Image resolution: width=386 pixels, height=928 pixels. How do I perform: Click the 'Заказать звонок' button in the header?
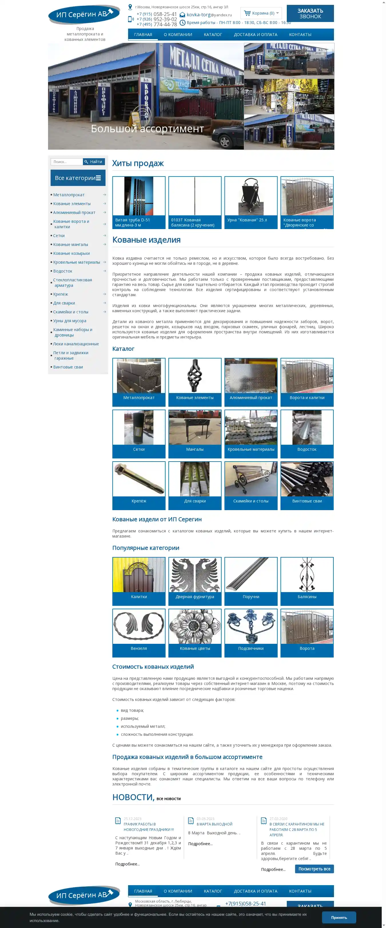[310, 14]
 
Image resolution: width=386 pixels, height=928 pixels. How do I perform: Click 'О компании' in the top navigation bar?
[178, 35]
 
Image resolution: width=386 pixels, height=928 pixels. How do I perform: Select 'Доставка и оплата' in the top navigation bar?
[255, 35]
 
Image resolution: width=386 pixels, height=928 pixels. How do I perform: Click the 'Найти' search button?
[94, 162]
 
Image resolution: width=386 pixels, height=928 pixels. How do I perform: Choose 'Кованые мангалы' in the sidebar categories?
[71, 244]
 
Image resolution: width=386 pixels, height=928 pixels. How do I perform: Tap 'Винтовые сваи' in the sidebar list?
[68, 367]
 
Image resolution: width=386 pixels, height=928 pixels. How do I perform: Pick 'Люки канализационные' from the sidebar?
[76, 344]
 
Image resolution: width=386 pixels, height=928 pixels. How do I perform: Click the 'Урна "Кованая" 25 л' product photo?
[251, 196]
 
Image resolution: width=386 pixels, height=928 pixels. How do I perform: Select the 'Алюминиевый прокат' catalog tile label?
[251, 398]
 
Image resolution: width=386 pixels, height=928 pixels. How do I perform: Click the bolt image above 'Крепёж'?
[139, 479]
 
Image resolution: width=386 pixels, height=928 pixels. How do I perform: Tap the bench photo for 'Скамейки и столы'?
[251, 479]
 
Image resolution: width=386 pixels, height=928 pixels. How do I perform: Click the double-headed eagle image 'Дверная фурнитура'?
[195, 575]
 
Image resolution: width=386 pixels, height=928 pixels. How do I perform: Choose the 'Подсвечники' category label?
[251, 648]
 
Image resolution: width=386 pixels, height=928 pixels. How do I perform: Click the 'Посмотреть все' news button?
[314, 869]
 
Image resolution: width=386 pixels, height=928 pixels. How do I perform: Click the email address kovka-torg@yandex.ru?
[209, 15]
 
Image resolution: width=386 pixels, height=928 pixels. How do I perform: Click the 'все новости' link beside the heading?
[168, 799]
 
